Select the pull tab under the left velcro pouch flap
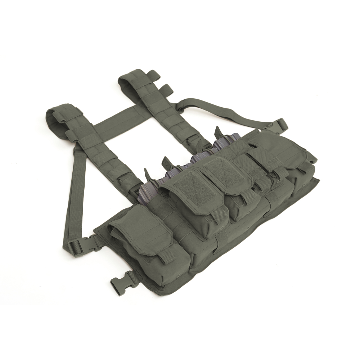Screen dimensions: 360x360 pyautogui.click(x=219, y=215)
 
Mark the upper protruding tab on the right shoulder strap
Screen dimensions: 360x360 pyautogui.click(x=153, y=75)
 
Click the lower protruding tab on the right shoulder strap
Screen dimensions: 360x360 pyautogui.click(x=166, y=90)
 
